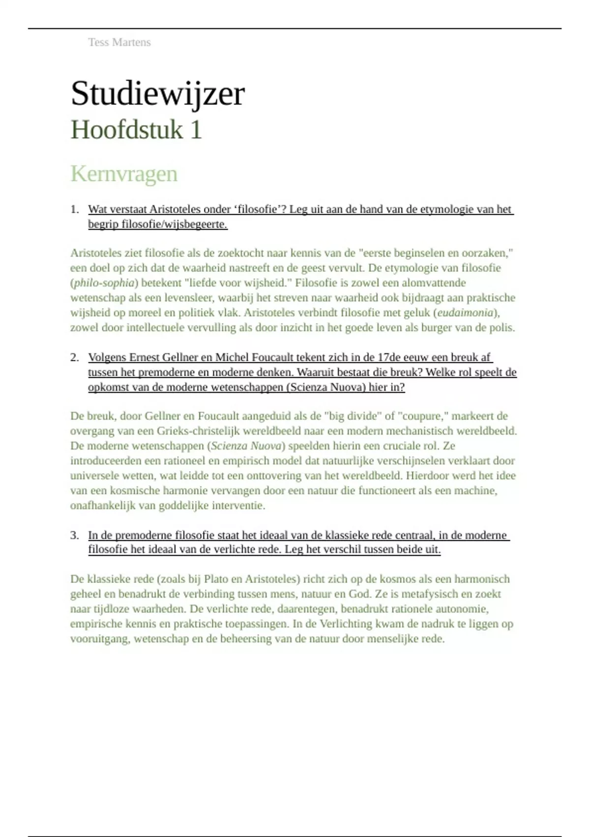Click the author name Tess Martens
[119, 42]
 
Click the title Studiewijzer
[157, 94]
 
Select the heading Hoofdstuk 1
[136, 130]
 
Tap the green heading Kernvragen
[124, 174]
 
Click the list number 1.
[74, 209]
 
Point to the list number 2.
[74, 357]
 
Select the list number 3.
[74, 535]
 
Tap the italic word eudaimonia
[465, 313]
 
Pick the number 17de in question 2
[389, 357]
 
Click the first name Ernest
[145, 357]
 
